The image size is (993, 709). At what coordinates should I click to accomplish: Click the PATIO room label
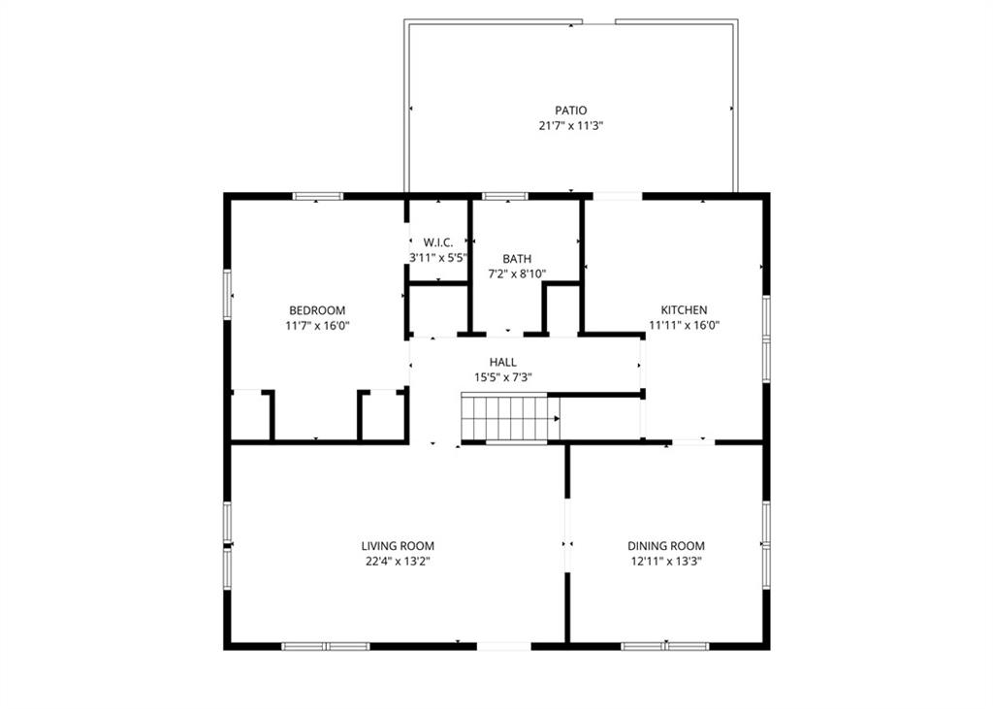[570, 111]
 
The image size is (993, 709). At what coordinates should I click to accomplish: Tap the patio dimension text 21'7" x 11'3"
[570, 126]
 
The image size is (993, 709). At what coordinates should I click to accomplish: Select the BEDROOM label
[317, 310]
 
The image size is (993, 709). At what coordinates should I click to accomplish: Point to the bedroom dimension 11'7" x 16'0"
[317, 326]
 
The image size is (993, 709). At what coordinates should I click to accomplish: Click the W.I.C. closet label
[438, 242]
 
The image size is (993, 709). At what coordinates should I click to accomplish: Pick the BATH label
[517, 259]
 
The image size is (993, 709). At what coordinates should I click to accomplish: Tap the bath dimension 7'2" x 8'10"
[517, 274]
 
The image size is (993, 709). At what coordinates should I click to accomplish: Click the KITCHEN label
[684, 310]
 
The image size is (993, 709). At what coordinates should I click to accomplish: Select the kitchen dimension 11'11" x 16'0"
[684, 326]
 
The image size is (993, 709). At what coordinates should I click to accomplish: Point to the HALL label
[502, 362]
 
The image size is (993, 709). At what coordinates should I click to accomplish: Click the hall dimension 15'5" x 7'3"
[502, 377]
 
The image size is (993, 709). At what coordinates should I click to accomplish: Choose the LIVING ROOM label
[398, 546]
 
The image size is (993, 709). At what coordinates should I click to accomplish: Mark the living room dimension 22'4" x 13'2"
[398, 562]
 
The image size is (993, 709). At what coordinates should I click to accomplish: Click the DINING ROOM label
[665, 546]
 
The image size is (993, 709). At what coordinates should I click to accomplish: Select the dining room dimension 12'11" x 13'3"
[665, 562]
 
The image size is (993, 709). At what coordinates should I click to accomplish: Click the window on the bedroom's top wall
[318, 196]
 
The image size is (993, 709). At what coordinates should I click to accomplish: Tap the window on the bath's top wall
[504, 196]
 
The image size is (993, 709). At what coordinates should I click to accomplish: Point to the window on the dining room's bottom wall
[665, 645]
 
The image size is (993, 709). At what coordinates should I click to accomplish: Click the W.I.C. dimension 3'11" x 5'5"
[438, 258]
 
